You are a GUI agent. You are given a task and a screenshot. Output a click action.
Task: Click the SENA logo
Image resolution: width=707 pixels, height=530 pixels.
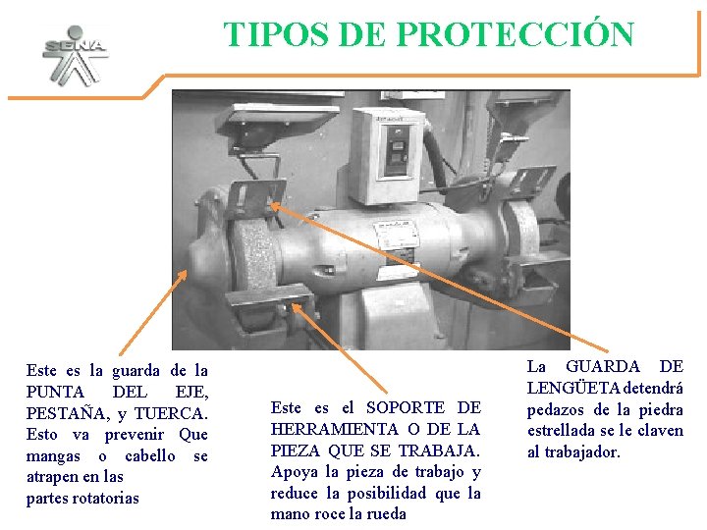click(76, 55)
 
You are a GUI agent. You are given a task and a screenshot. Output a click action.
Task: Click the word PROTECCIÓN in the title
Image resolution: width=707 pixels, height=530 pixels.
click(516, 33)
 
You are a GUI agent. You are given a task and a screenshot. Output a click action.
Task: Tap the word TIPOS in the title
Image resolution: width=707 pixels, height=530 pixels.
click(276, 34)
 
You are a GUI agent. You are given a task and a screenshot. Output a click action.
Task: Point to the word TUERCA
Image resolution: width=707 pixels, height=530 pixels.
click(171, 414)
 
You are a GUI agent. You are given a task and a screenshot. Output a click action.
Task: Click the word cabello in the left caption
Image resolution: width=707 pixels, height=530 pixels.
click(150, 455)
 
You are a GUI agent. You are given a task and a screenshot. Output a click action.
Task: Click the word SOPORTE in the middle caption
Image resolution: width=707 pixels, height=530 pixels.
click(406, 407)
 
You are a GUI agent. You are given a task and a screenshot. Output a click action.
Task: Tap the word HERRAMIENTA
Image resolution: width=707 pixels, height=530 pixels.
click(335, 429)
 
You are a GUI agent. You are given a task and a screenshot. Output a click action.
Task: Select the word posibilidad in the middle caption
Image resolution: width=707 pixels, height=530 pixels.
click(387, 494)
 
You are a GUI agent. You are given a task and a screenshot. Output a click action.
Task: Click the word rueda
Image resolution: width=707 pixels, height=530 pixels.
click(387, 513)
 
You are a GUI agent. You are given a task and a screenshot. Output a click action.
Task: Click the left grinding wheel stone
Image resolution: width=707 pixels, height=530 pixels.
click(253, 257)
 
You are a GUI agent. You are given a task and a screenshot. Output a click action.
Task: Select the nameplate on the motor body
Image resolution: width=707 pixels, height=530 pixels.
click(393, 235)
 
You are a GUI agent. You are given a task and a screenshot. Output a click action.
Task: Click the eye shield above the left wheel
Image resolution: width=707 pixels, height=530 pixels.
click(276, 118)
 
